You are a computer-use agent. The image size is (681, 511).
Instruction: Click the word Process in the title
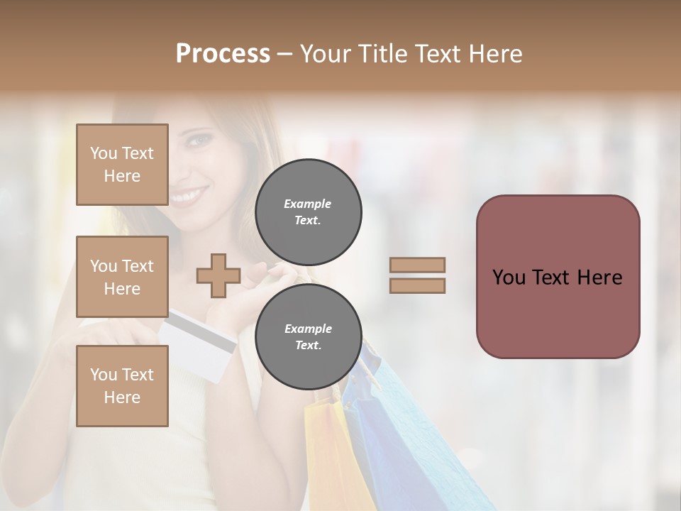click(223, 54)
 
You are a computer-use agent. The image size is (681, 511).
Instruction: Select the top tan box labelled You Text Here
click(122, 165)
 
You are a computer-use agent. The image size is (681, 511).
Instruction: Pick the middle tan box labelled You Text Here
click(122, 277)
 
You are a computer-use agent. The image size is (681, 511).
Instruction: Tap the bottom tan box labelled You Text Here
click(122, 385)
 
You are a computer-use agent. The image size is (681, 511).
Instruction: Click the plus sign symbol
click(218, 276)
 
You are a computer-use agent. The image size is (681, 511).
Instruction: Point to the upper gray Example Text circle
click(308, 211)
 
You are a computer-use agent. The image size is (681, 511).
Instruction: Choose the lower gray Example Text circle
click(308, 336)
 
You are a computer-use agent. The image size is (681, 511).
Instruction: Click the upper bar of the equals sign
click(417, 265)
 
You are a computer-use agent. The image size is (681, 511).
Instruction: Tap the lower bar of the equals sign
click(417, 285)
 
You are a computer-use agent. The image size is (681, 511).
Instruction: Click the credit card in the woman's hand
click(199, 344)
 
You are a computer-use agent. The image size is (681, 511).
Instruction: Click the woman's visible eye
click(202, 140)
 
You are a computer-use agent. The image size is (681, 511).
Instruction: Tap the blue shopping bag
click(397, 440)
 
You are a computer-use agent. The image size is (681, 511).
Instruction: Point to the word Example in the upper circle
click(307, 204)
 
